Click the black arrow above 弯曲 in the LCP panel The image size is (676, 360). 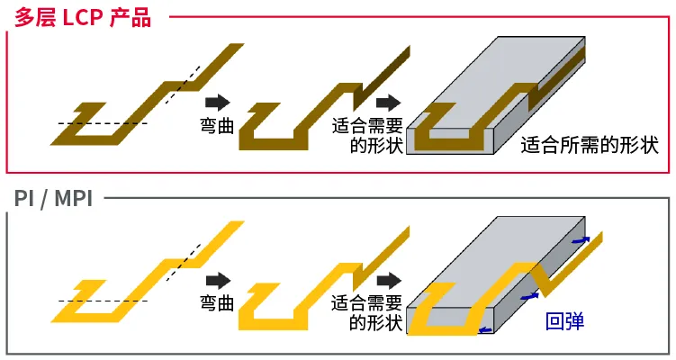(217, 102)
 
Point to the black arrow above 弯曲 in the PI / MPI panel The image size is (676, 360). (217, 281)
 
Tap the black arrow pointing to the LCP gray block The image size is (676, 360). (388, 102)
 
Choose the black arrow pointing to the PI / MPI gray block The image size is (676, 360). (388, 281)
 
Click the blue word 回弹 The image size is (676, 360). (565, 321)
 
